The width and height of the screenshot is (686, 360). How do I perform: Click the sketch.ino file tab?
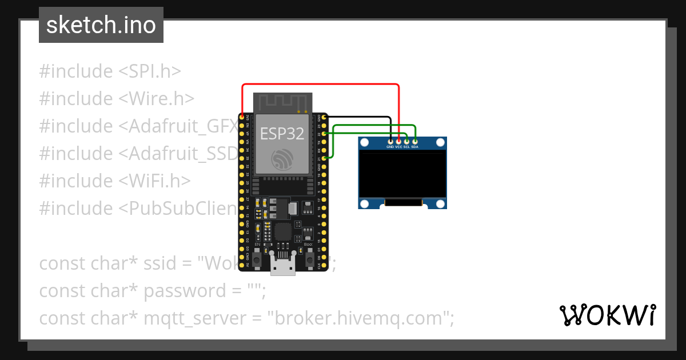[101, 25]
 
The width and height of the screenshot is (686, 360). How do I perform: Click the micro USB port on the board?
[283, 266]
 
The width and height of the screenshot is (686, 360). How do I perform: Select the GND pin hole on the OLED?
[390, 141]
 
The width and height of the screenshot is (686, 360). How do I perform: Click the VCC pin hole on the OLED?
[398, 141]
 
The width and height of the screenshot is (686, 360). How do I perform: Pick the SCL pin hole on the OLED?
[406, 141]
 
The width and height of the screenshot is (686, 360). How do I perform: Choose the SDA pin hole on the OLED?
[415, 141]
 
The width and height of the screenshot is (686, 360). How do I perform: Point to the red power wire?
[320, 85]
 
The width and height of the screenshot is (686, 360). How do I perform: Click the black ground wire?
[360, 117]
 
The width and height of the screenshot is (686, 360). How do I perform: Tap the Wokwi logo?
[608, 315]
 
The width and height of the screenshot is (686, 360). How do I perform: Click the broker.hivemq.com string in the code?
[358, 318]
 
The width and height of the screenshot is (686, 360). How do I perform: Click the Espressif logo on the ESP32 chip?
[283, 159]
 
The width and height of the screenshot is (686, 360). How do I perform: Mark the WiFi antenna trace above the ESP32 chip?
[283, 103]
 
